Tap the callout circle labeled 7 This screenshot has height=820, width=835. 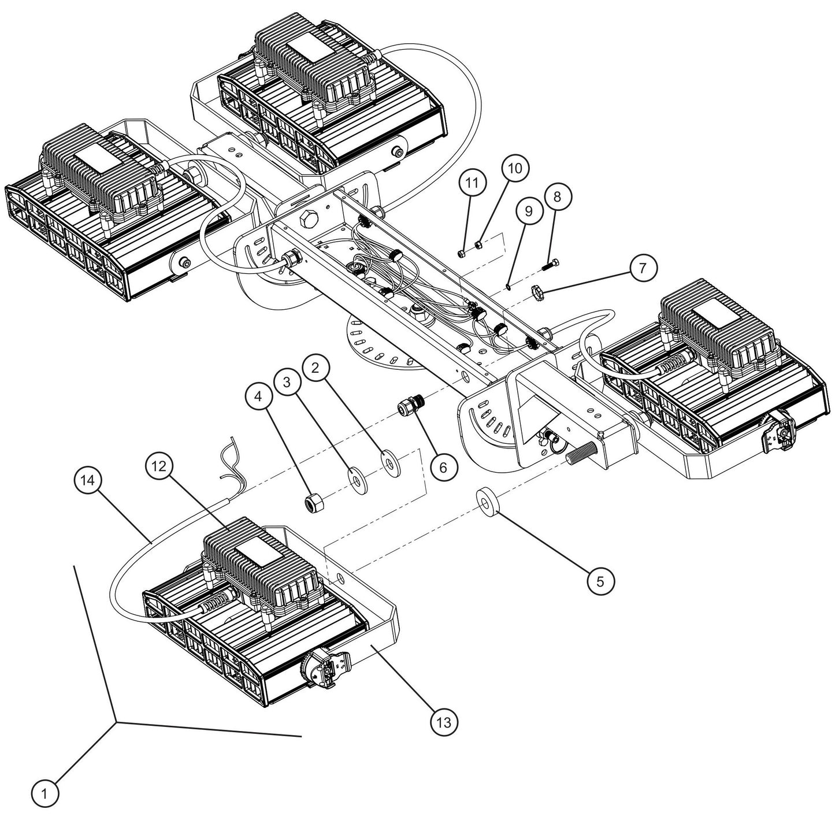(644, 269)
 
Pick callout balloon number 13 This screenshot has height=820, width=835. (444, 721)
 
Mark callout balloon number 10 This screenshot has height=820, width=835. (515, 168)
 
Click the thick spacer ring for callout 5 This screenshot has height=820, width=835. (488, 499)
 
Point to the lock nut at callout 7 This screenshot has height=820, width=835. (539, 287)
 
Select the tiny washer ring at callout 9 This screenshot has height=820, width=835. (507, 284)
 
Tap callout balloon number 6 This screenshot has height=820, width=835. (443, 466)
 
